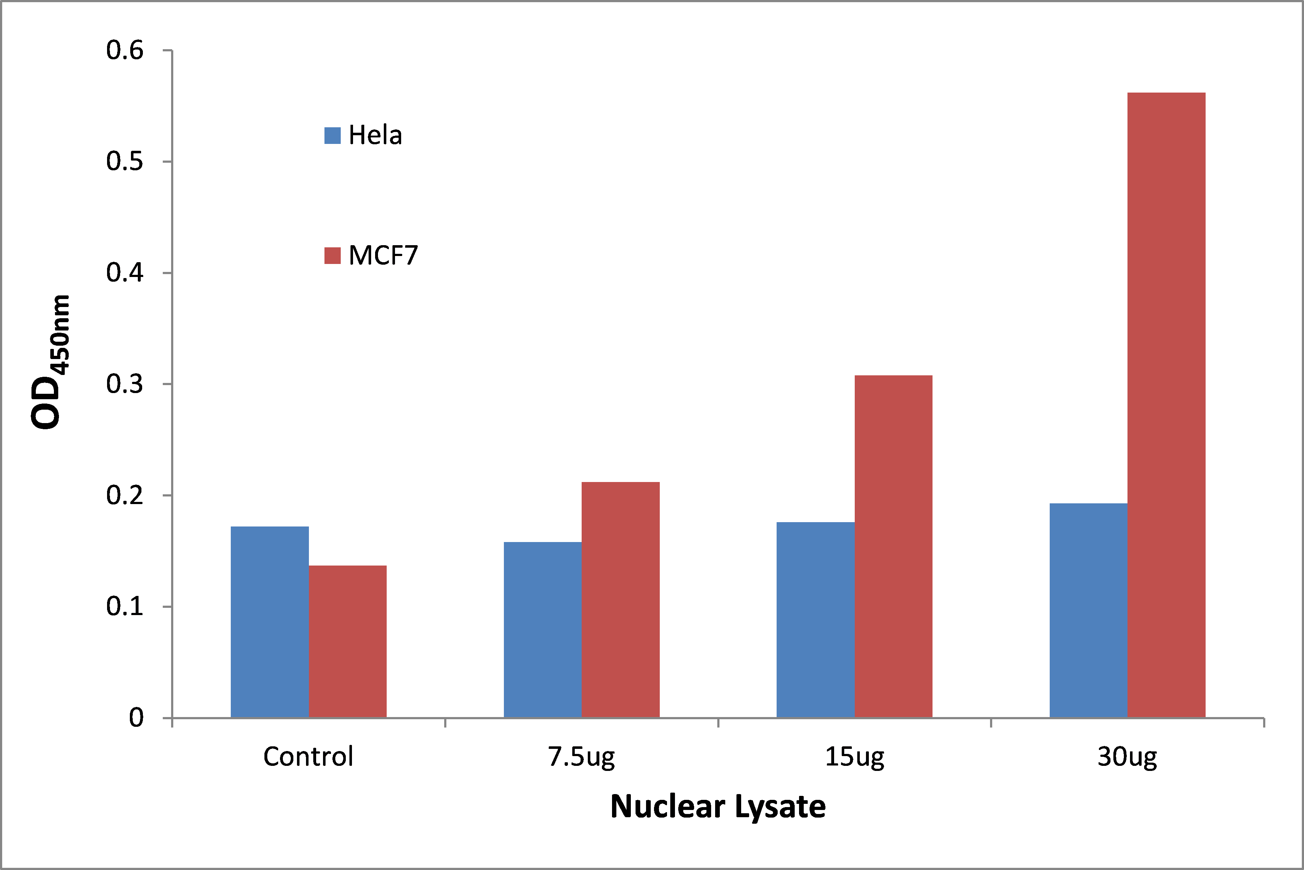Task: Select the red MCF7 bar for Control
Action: tap(347, 641)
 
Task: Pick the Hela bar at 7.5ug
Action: tap(543, 630)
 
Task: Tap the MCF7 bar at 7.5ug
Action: tap(620, 600)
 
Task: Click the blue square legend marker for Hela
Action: tap(332, 135)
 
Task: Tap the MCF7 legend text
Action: tap(383, 256)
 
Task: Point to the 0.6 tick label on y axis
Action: tap(125, 51)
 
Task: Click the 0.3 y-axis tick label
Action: tap(125, 384)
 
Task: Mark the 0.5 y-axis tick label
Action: tap(125, 162)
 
